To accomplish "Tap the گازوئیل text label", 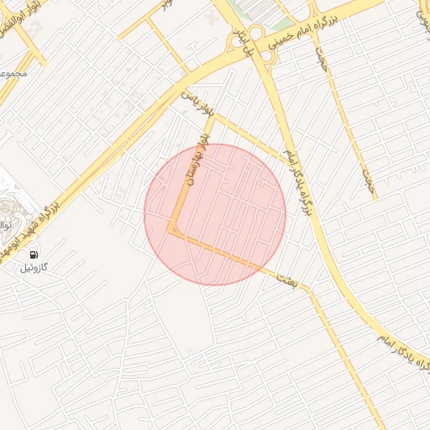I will [x=34, y=268].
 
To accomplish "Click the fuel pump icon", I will [x=34, y=254].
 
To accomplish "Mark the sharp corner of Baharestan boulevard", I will [x=173, y=230].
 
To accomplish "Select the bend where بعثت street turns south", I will [x=311, y=291].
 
